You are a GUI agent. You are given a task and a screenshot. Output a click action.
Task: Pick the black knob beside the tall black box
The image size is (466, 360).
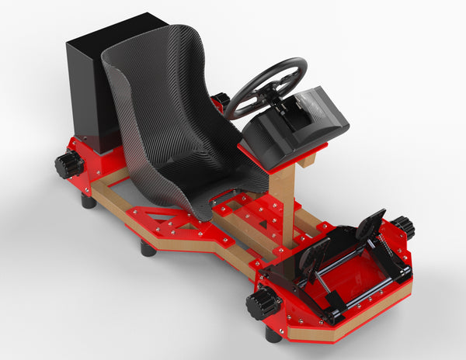point(68,164)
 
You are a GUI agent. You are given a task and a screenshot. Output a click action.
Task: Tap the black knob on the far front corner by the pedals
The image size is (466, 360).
point(402,228)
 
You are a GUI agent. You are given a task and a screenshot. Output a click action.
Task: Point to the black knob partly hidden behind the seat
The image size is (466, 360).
point(222,100)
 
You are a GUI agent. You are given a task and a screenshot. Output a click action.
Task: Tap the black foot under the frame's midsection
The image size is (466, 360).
point(148,249)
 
